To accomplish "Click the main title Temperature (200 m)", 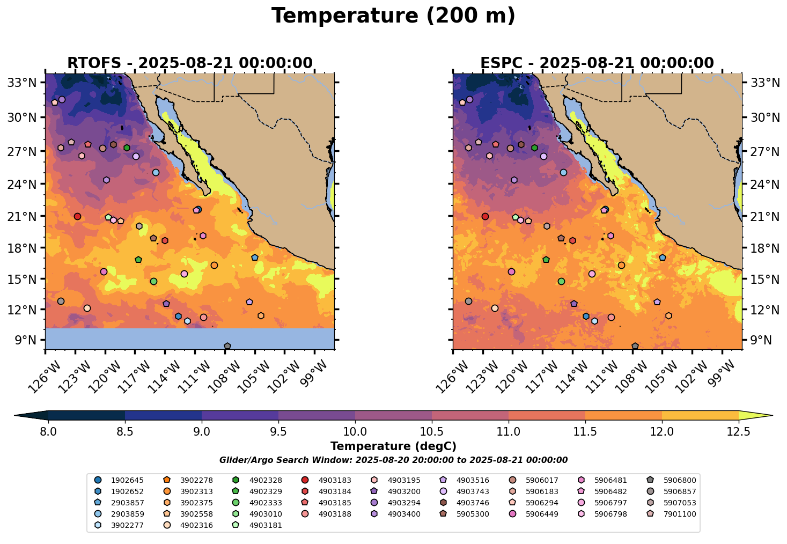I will (x=393, y=16).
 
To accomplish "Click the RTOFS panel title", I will (x=189, y=63).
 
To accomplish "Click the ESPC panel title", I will (x=597, y=63).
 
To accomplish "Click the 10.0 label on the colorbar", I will (x=355, y=431).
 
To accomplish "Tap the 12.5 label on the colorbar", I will (x=738, y=431).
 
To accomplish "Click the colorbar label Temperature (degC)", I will (x=393, y=446).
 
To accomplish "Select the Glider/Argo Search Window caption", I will (x=393, y=460).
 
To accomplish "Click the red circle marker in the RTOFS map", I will (x=77, y=217).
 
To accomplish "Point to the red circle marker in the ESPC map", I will (x=485, y=217).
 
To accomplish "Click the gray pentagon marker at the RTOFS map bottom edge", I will (x=227, y=347).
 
